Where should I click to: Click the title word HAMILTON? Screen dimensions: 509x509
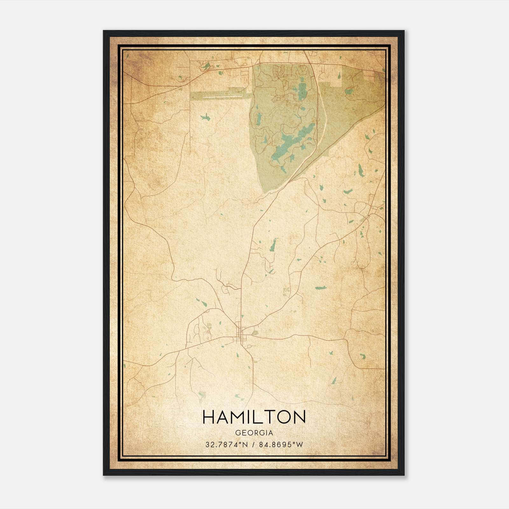[254, 417]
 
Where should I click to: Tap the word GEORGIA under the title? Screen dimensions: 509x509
[254, 433]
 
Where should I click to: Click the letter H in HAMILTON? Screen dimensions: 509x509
[209, 417]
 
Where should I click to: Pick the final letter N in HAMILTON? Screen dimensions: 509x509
[299, 417]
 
